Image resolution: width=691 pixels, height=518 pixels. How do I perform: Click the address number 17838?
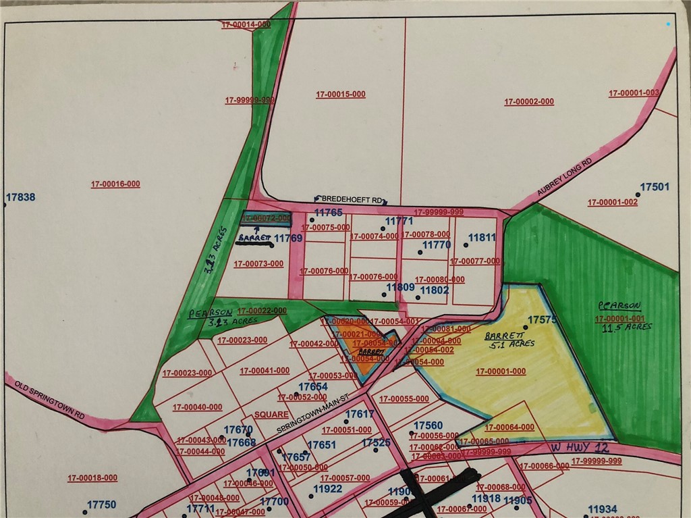(20, 198)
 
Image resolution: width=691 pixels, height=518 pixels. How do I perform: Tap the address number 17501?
(654, 187)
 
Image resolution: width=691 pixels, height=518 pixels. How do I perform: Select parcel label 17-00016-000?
(115, 184)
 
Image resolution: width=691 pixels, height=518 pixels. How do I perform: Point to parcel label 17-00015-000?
(340, 95)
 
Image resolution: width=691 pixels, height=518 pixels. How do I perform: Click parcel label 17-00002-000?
(529, 102)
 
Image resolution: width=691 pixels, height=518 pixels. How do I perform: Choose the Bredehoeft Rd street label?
(352, 200)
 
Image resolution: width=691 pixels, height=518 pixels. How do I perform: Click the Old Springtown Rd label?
(48, 403)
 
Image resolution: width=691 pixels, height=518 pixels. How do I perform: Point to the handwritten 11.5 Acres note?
(625, 328)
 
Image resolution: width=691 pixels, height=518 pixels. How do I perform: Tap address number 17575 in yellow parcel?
(542, 319)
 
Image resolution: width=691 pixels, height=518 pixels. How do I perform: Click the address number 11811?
(481, 238)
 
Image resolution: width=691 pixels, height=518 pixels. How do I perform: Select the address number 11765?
(329, 213)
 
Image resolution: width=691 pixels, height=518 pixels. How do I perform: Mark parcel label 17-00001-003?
(634, 93)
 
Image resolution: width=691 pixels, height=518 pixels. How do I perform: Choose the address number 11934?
(602, 509)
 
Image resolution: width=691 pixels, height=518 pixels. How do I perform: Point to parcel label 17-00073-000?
(259, 264)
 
